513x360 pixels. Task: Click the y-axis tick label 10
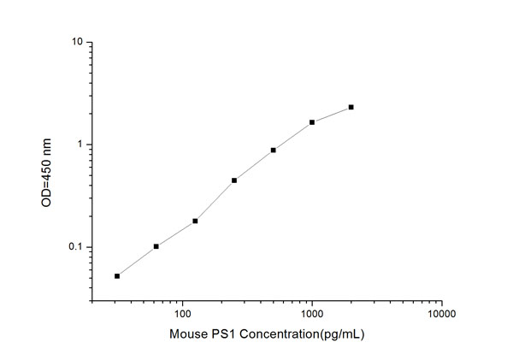pos(76,42)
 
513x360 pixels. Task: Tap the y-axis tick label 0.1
pos(75,247)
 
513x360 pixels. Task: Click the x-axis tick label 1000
pos(312,314)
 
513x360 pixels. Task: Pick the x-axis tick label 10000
pos(441,314)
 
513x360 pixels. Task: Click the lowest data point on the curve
pos(117,275)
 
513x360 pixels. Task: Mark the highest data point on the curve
pos(351,107)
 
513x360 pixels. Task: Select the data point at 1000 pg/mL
pos(312,122)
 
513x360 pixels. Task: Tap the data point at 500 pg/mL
pos(273,150)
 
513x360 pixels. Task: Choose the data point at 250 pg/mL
pos(233,180)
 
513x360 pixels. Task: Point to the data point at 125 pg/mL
pos(195,221)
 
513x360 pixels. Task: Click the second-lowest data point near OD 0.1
pos(156,246)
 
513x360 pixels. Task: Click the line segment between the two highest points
pos(332,115)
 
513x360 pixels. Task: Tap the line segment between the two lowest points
pos(137,261)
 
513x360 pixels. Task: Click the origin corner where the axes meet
pos(91,301)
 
